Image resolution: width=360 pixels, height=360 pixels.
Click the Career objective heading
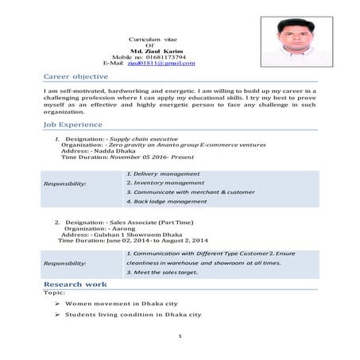point(76,76)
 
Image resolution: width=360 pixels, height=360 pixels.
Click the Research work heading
point(75,284)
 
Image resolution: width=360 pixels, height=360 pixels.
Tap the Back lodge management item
point(167,202)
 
